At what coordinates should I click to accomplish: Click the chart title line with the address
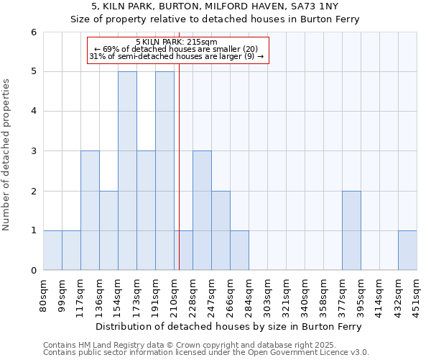click(215, 6)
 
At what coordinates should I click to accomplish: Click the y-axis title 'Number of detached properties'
click(6, 155)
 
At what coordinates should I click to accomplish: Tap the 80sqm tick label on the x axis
click(44, 294)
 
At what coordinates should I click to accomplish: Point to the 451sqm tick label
click(417, 294)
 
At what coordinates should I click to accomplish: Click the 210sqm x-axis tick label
click(175, 294)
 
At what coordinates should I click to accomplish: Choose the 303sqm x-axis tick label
click(268, 294)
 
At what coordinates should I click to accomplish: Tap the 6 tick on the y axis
click(33, 32)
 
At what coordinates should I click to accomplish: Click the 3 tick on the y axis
click(33, 151)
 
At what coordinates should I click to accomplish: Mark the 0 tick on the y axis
click(33, 270)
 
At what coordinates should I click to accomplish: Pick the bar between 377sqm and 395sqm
click(351, 230)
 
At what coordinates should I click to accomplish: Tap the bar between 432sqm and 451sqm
click(407, 250)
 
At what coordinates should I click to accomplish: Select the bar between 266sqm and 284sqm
click(239, 250)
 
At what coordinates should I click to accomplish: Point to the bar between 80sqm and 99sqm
click(52, 250)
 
